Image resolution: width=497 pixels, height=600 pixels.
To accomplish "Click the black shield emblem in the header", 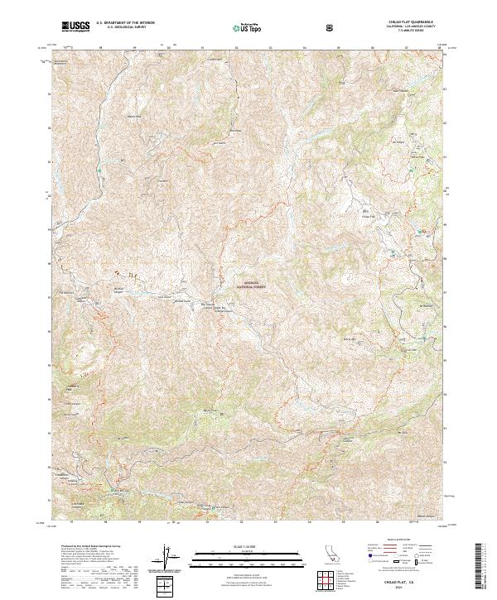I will (x=331, y=27).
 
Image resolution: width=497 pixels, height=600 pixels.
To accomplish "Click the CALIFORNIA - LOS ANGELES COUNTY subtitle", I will (x=410, y=29).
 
